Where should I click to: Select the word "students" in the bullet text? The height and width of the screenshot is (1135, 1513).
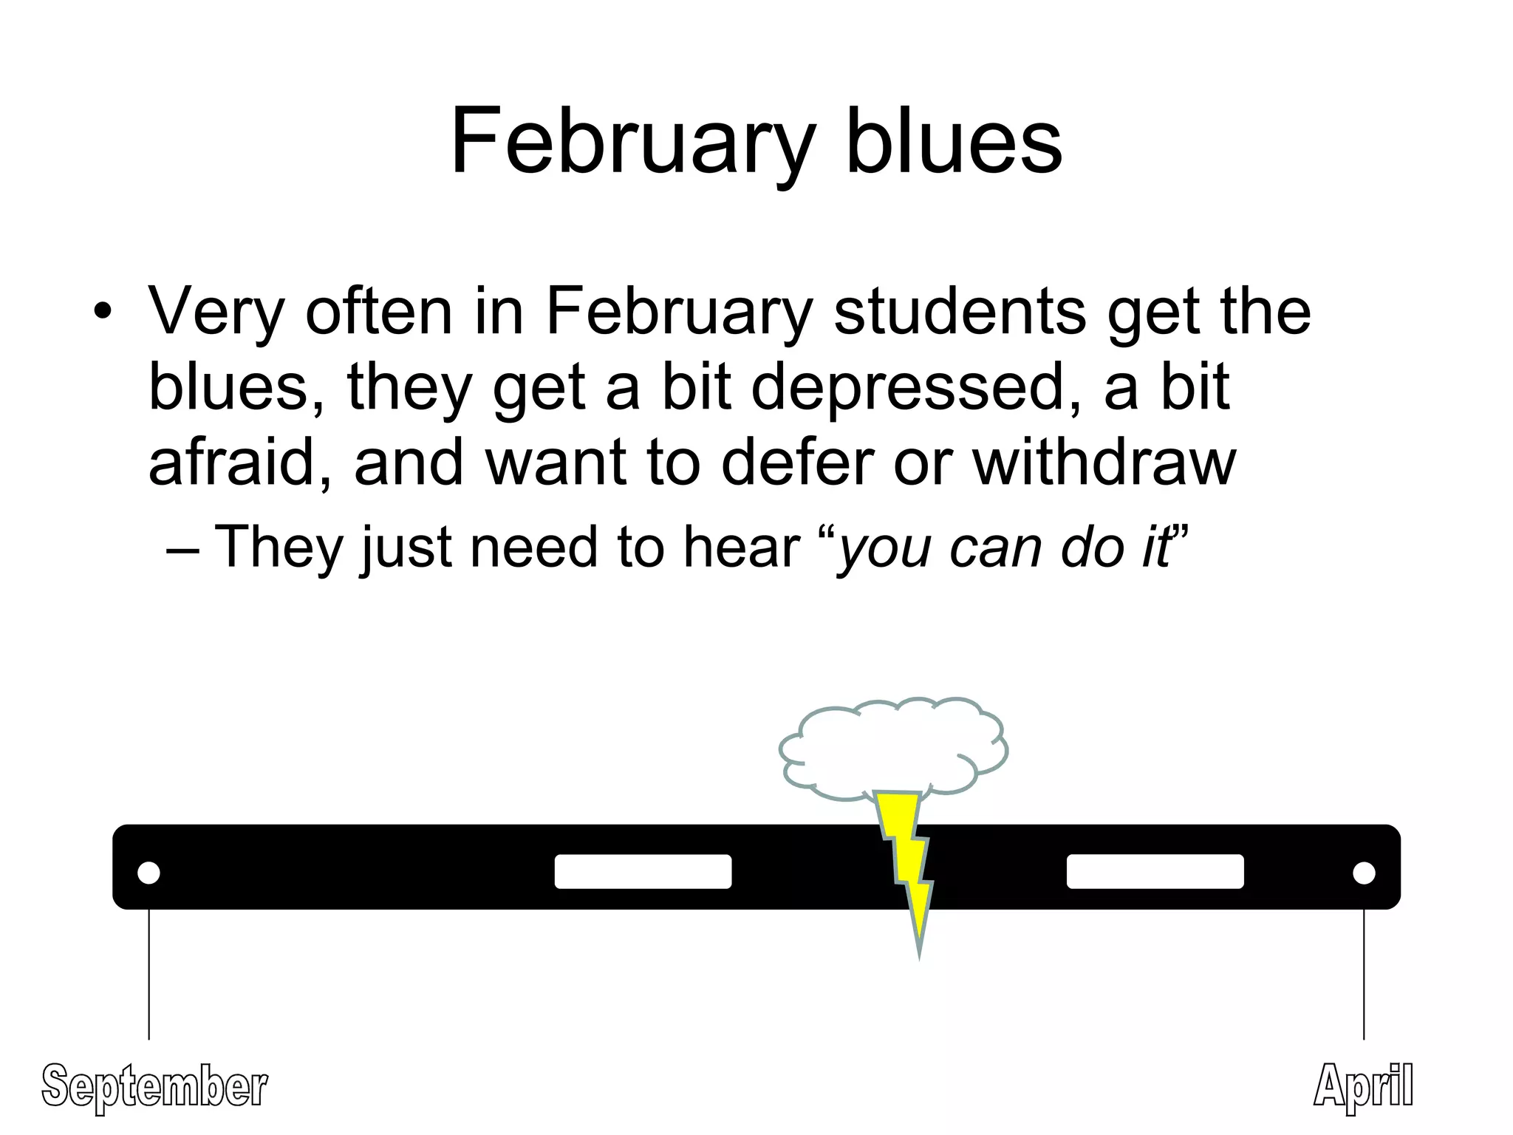960,312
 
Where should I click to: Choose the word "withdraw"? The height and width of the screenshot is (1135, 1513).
1104,463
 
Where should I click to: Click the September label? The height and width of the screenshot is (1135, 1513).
154,1086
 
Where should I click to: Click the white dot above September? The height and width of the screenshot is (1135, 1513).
148,873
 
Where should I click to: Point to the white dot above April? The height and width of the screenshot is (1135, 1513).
1364,873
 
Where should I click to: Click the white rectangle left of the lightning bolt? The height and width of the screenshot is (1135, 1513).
643,871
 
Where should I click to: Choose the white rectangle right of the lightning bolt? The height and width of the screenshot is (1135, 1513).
1155,871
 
